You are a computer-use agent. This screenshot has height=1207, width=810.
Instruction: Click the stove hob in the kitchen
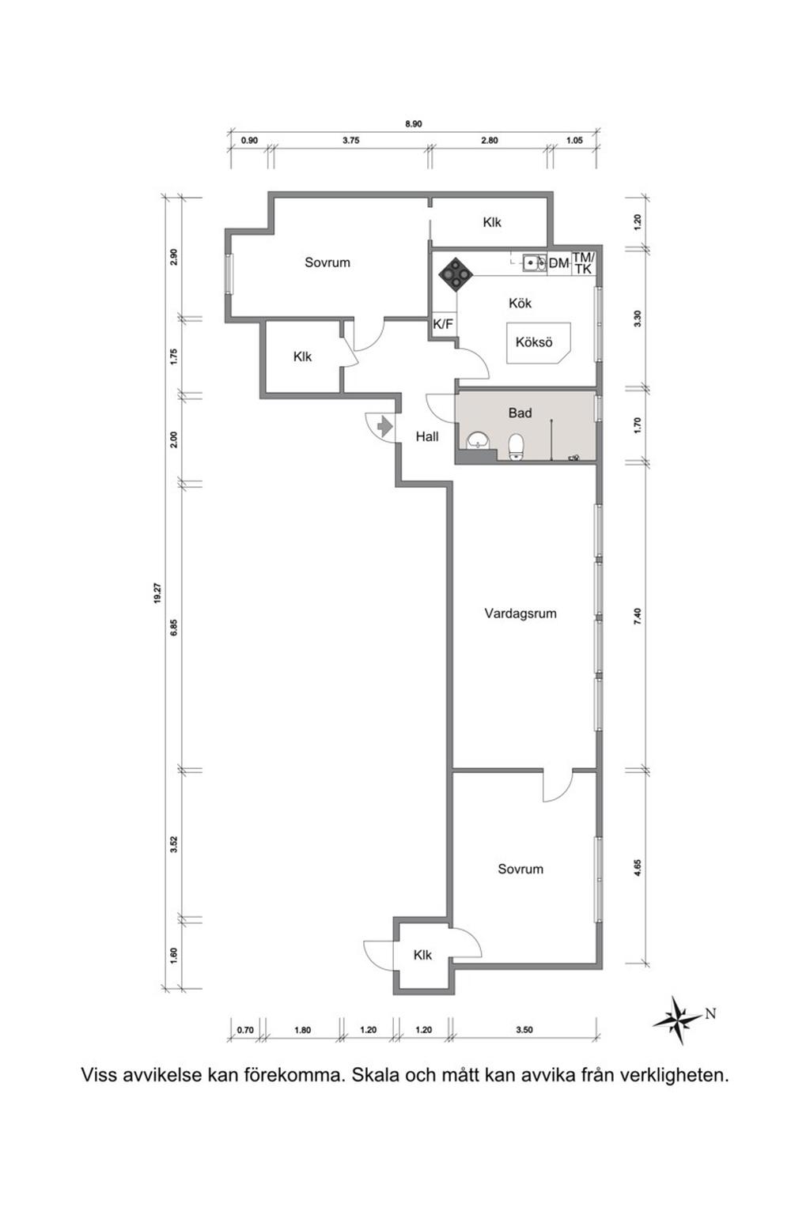click(x=456, y=275)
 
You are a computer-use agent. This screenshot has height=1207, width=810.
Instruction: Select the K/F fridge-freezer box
click(x=443, y=325)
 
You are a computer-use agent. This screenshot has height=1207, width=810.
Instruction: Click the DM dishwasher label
click(x=558, y=263)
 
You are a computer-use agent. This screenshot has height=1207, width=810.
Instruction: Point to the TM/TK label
click(x=583, y=263)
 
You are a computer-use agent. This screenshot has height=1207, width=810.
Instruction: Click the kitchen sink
click(x=535, y=262)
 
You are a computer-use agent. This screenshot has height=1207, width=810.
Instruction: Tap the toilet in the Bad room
click(x=517, y=447)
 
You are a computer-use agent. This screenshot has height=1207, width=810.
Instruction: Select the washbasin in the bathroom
click(x=478, y=440)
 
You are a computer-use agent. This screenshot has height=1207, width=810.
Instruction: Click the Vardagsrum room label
click(x=520, y=613)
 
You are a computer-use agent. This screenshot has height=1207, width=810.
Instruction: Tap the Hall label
click(x=426, y=436)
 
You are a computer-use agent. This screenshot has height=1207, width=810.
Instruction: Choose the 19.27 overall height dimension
click(x=157, y=594)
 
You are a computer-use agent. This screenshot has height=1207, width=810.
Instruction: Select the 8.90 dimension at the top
click(x=414, y=124)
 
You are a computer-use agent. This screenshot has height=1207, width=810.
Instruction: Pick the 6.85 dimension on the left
click(x=174, y=627)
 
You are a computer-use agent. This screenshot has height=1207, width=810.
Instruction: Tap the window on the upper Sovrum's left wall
click(x=229, y=273)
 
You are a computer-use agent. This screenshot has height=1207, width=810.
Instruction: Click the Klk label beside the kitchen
click(x=492, y=222)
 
